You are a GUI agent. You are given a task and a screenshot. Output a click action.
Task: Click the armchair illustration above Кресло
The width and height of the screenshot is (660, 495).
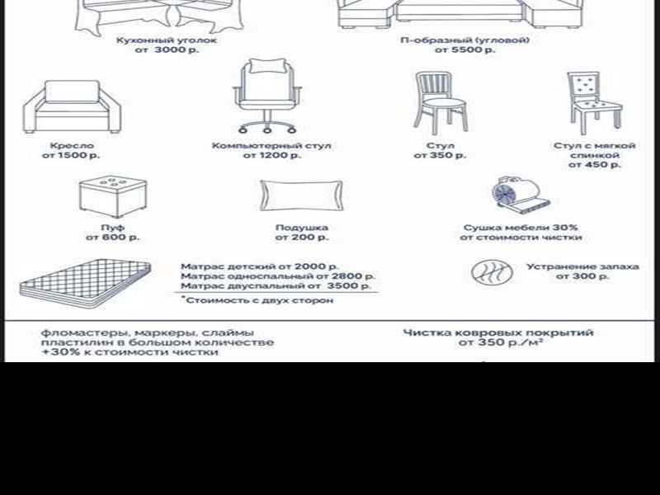pos(72,107)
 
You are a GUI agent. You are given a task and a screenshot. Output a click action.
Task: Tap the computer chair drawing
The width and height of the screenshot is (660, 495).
pos(267,96)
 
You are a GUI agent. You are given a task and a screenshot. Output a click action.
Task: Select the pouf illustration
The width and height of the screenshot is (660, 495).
pos(113,197)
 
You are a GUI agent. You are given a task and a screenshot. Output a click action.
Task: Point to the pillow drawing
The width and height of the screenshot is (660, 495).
pos(301,196)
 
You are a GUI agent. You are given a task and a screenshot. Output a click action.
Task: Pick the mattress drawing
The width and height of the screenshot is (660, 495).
pos(85,279)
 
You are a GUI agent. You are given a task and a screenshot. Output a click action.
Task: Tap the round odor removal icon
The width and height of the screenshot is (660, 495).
pos(492,272)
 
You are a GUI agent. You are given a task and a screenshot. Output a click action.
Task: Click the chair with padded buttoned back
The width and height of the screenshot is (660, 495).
pos(594,103)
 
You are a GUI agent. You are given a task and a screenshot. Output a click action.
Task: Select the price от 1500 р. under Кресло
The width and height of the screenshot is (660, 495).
pos(71,155)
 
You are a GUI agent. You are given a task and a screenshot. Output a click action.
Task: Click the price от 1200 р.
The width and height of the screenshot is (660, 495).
pos(272,155)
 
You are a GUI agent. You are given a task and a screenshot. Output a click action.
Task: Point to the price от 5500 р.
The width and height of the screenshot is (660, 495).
pos(464,49)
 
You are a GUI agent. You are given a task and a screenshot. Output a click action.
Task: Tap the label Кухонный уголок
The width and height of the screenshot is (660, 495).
pos(167,40)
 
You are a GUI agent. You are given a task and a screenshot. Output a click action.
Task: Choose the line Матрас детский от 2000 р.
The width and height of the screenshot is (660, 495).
pos(260,266)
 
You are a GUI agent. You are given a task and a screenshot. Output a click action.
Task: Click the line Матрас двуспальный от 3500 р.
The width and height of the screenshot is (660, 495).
pos(276,285)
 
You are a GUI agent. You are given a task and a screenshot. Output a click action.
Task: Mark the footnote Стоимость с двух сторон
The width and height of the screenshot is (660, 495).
pos(257,300)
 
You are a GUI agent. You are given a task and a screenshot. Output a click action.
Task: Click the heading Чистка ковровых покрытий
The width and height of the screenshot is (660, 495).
pos(498,333)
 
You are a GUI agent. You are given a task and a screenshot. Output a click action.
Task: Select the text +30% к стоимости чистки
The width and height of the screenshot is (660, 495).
pos(130,352)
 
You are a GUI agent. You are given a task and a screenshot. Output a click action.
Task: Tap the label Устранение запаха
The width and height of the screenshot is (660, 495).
pos(583,266)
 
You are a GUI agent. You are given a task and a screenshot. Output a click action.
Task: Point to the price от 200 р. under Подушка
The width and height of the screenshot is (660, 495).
pos(301,238)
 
